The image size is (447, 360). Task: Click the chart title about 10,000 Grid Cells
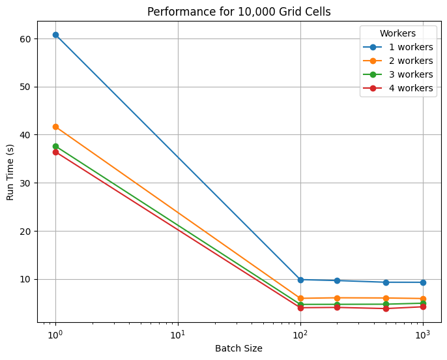coord(239,11)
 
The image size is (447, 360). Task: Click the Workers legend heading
coord(398,33)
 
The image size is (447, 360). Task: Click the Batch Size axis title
coord(239,349)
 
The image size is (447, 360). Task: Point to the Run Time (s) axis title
coord(10,172)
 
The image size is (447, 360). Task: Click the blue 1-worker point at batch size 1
coord(55,35)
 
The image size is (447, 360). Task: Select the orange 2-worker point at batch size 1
coord(55,127)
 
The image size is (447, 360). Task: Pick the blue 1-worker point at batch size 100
coord(300,280)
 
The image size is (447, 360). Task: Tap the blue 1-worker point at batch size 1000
coord(423,282)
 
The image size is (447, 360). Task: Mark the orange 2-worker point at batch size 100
coord(300,298)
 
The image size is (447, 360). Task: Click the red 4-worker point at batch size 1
coord(55,152)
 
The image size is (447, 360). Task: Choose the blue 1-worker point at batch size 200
coord(337,280)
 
